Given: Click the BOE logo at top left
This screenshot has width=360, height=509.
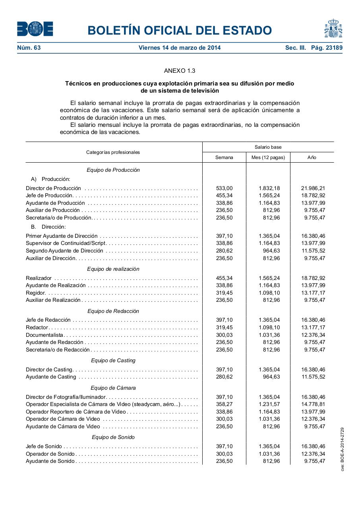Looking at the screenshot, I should pyautogui.click(x=35, y=29).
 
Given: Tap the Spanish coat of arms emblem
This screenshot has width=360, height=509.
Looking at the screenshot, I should pyautogui.click(x=333, y=29).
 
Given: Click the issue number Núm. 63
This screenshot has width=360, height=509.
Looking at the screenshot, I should pyautogui.click(x=29, y=48).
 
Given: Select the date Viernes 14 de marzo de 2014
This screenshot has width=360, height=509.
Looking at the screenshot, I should pyautogui.click(x=180, y=48).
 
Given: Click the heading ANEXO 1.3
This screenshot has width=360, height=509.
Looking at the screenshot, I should pyautogui.click(x=180, y=71).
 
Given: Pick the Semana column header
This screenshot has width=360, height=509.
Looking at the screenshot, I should pyautogui.click(x=224, y=157).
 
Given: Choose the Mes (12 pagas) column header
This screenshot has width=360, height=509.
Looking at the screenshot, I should pyautogui.click(x=268, y=157).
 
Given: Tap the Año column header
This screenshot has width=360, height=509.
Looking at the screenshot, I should pyautogui.click(x=312, y=157).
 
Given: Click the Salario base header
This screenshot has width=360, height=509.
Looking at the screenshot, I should pyautogui.click(x=268, y=147).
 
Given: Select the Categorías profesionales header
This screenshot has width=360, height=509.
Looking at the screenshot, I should pyautogui.click(x=113, y=152).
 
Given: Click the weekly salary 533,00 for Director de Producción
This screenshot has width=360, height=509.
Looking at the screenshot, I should pyautogui.click(x=224, y=188).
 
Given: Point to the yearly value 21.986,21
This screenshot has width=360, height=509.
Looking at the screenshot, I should pyautogui.click(x=313, y=188).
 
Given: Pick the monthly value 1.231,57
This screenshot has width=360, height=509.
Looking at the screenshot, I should pyautogui.click(x=269, y=404).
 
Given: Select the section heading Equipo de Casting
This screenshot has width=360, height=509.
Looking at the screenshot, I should pyautogui.click(x=113, y=361).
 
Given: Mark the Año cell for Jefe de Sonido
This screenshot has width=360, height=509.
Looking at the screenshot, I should pyautogui.click(x=313, y=447).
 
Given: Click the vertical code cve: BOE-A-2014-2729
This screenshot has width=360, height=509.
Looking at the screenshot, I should pyautogui.click(x=342, y=449).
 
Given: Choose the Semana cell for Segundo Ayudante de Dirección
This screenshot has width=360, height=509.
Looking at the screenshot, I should pyautogui.click(x=224, y=251).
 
